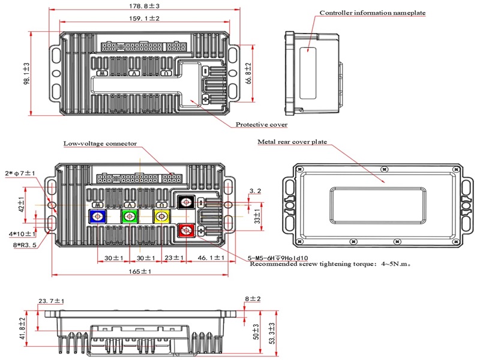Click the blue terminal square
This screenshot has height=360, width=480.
click(97, 216)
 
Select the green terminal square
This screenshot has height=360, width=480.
click(129, 216)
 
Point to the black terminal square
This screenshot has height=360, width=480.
click(187, 203)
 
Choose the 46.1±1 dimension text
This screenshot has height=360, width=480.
click(211, 257)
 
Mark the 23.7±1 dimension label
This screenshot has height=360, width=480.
click(52, 301)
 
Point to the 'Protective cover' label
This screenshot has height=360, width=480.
click(261, 125)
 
